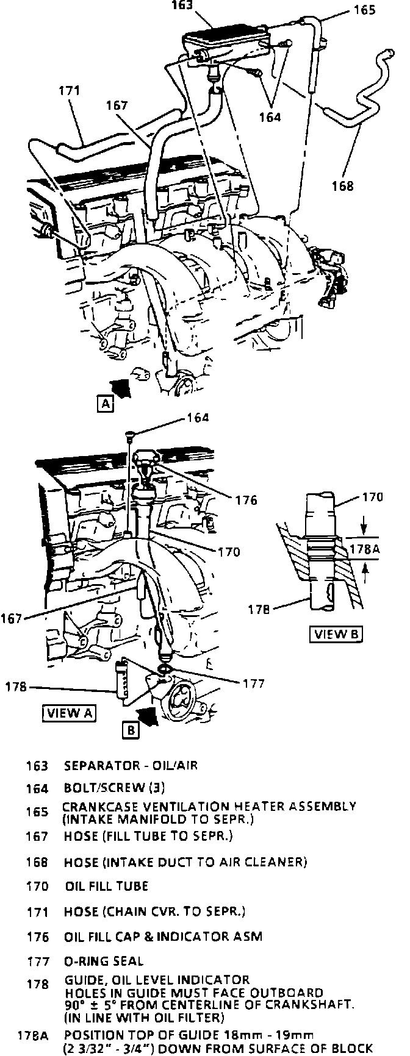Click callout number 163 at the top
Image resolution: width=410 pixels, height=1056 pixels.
click(182, 5)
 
